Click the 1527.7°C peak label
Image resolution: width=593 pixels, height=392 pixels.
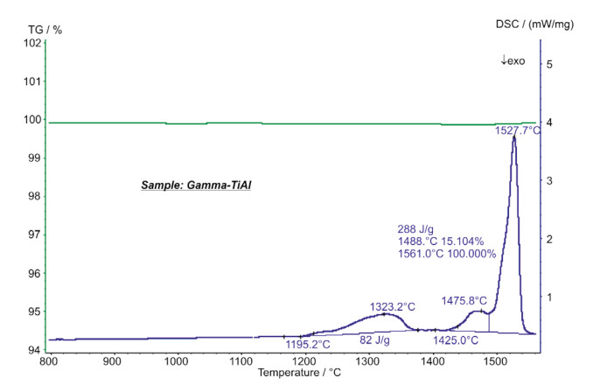pos(493,130)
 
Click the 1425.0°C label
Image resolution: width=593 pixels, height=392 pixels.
pos(456,339)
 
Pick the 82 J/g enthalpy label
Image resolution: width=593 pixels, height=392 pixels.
pos(375,339)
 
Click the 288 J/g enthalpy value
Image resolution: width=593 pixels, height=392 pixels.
pos(416,229)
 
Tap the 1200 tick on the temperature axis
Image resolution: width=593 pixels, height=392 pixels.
pos(303,360)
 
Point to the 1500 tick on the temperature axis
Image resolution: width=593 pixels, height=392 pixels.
pos(495,360)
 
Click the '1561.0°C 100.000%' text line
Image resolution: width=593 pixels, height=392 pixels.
pos(447,254)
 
